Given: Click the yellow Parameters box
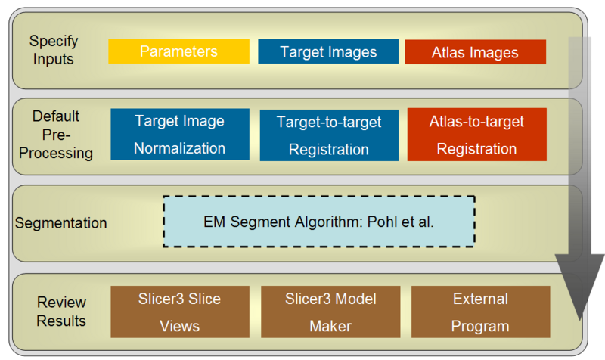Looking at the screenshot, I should tap(178, 51).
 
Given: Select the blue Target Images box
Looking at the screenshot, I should tap(328, 51).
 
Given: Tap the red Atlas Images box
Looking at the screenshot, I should tap(475, 52).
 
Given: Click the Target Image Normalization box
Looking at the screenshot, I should tap(179, 135).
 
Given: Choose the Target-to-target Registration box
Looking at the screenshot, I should tap(329, 135).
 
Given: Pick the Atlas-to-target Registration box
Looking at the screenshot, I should tap(476, 135).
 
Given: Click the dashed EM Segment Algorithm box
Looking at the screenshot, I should tap(318, 222).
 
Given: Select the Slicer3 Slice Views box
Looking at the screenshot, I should tap(179, 312).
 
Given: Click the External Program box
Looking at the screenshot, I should tap(480, 312).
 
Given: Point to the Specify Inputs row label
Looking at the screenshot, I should tap(53, 49).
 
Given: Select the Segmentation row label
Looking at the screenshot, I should tap(60, 223).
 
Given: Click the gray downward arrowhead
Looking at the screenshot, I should tap(580, 287).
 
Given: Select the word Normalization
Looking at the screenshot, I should tap(179, 148).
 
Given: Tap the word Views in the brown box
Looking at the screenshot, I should tap(179, 326).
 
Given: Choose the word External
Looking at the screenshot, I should tap(480, 299).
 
